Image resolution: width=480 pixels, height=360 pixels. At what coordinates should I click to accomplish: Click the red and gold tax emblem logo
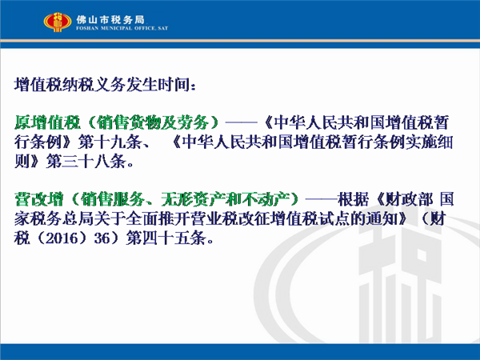(58, 22)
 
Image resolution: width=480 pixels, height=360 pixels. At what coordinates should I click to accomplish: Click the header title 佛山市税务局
(110, 19)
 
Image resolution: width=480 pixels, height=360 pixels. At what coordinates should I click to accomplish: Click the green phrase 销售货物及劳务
(153, 122)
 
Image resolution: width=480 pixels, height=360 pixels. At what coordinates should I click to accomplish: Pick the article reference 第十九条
(110, 142)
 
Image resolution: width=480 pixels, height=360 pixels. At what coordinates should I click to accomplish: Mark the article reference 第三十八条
(86, 161)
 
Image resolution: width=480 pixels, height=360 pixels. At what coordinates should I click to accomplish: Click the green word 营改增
(38, 199)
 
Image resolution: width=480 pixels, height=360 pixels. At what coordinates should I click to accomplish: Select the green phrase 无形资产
(193, 199)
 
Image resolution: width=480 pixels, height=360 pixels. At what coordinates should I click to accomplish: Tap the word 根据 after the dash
(353, 199)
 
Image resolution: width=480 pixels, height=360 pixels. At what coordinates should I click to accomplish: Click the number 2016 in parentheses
(61, 238)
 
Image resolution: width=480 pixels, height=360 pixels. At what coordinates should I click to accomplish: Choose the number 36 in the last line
(102, 238)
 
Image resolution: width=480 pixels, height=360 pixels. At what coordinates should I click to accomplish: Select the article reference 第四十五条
(166, 238)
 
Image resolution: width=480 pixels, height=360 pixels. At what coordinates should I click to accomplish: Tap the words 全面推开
(158, 218)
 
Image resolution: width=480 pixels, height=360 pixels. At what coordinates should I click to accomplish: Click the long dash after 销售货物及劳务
(242, 122)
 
